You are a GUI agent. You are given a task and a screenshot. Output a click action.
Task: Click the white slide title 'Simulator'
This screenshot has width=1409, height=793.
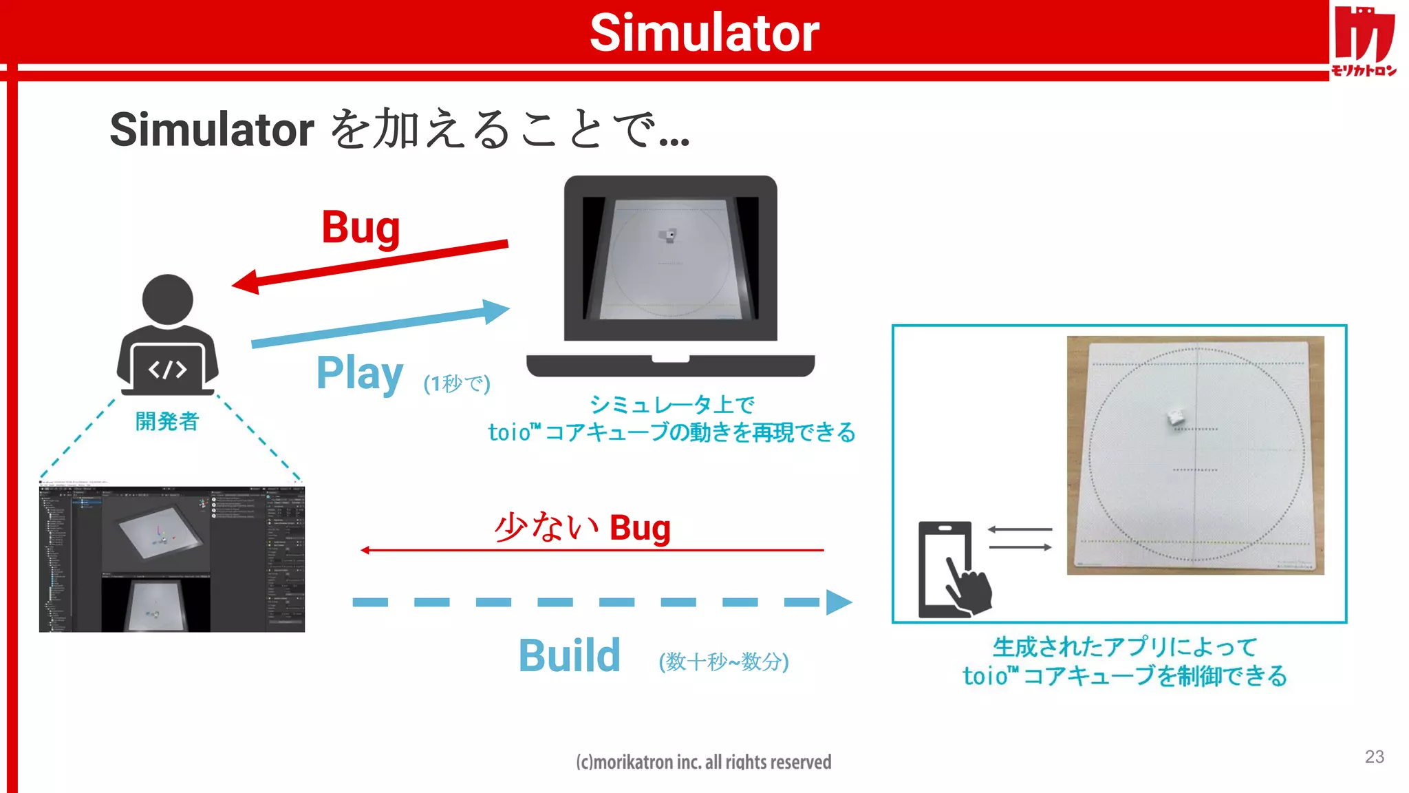(x=704, y=32)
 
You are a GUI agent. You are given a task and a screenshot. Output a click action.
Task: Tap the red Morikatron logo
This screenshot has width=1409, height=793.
(x=1364, y=40)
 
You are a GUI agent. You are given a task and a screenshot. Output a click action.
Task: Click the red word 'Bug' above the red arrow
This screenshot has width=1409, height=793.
(x=361, y=227)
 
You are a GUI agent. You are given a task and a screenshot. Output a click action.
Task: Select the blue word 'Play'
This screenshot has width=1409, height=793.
(x=359, y=373)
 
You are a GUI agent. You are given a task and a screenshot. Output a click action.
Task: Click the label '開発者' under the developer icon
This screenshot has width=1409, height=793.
(x=167, y=421)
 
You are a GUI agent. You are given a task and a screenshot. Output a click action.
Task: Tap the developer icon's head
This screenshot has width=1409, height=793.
(x=167, y=299)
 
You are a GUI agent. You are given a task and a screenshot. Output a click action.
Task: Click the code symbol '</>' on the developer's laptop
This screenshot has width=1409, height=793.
(x=167, y=370)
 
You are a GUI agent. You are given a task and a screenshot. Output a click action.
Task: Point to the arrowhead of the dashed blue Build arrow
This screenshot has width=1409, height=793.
(x=838, y=602)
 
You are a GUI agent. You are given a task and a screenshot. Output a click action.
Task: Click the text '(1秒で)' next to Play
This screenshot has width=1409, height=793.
(x=457, y=383)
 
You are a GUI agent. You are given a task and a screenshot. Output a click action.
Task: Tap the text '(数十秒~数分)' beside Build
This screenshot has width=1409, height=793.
(x=724, y=662)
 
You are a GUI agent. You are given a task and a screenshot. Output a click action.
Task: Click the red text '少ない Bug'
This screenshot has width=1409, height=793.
(x=582, y=528)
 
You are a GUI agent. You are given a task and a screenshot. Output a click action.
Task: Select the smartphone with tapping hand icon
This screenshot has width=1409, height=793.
(x=954, y=569)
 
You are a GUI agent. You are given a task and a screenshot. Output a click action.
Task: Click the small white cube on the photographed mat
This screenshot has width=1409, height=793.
(x=1176, y=416)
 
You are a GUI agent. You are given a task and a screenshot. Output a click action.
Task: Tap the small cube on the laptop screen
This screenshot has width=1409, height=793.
(x=669, y=235)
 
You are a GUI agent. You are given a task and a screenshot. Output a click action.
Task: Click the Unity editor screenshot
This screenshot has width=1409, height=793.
(x=172, y=559)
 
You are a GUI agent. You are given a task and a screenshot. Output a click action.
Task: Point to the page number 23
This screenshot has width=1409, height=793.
(x=1374, y=757)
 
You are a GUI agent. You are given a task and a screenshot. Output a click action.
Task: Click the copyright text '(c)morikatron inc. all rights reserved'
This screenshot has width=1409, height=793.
(x=703, y=762)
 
